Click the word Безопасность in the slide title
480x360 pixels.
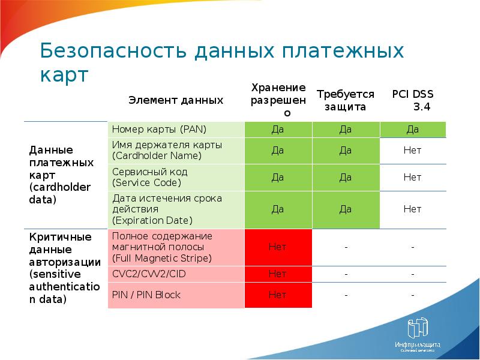[x=114, y=52]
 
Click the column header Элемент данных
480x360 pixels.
[x=175, y=100]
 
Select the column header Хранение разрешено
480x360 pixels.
[x=278, y=100]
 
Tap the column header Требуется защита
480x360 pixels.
[x=345, y=100]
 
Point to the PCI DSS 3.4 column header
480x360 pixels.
[x=413, y=100]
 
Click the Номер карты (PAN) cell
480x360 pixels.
[x=176, y=130]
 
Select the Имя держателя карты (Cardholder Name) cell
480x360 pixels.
[x=176, y=151]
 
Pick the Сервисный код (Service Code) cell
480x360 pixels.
[x=176, y=177]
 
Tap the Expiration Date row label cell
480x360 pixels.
[x=176, y=209]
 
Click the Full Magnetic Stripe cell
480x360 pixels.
[x=176, y=247]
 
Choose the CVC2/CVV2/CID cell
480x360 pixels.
[x=176, y=274]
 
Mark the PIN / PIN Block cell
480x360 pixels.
[x=176, y=295]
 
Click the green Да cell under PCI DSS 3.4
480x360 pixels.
[x=413, y=130]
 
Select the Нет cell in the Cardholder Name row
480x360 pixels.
[x=413, y=151]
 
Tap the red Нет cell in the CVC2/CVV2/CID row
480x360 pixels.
[x=278, y=274]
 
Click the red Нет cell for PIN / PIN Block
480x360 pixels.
[x=278, y=295]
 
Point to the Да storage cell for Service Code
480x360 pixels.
[x=278, y=177]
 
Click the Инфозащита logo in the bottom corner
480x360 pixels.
[x=418, y=335]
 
